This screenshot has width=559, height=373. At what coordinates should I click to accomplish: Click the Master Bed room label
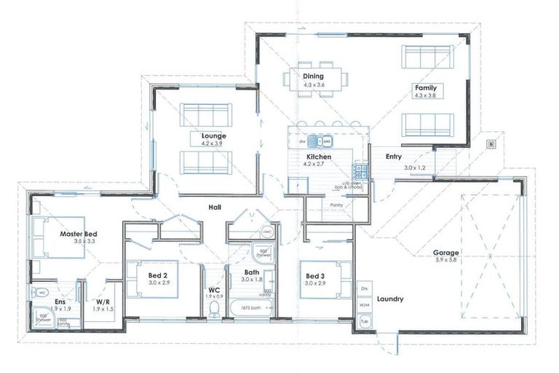tap(79, 233)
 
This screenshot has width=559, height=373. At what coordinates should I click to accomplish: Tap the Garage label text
tap(447, 253)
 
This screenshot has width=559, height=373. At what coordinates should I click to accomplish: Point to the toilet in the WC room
tap(214, 310)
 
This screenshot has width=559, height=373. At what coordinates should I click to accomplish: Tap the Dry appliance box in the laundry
tap(364, 289)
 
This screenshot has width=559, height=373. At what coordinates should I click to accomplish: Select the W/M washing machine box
tap(364, 305)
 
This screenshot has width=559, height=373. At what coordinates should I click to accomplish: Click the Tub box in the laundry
tap(364, 321)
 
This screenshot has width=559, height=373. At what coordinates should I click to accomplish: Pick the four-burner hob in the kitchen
tap(360, 170)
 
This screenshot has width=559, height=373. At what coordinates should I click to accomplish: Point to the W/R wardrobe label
tap(103, 301)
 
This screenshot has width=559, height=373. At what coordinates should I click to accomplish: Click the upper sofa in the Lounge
tap(205, 114)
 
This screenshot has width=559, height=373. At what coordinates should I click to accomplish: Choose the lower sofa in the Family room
tap(428, 125)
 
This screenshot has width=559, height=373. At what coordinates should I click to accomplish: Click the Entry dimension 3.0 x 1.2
tap(416, 168)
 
